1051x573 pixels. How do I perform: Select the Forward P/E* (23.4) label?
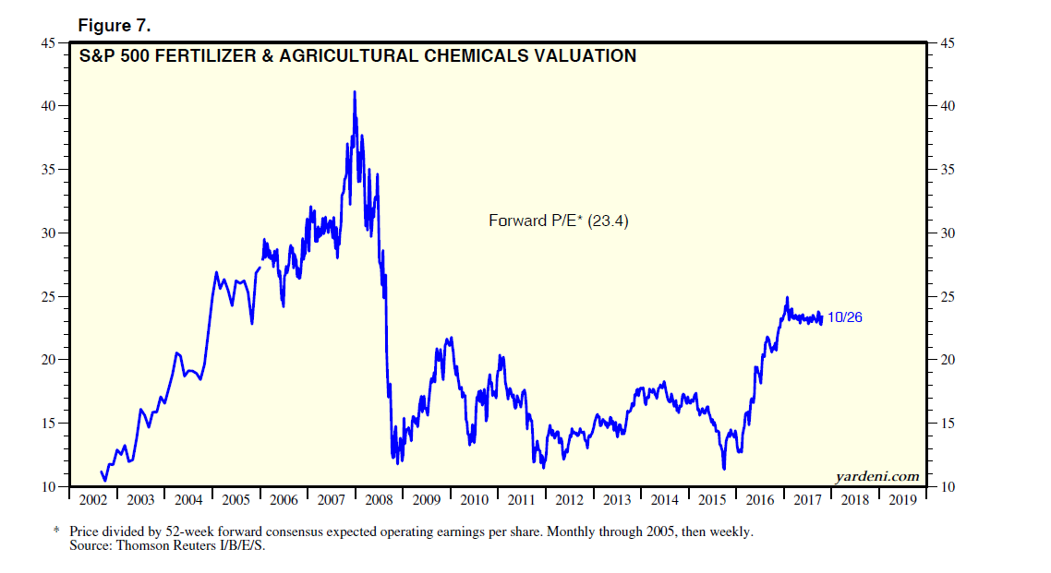[558, 221]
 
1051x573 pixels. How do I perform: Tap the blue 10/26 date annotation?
[845, 317]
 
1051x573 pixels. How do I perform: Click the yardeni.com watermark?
[876, 476]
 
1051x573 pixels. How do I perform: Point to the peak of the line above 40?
[355, 91]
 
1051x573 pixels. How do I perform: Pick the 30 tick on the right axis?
[947, 233]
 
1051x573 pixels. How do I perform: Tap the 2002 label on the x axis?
[93, 500]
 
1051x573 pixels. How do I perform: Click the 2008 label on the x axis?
[380, 500]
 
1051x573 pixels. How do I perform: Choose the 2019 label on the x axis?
[902, 500]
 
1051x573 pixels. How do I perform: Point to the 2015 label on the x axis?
[712, 500]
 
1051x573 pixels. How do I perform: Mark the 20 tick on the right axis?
[947, 360]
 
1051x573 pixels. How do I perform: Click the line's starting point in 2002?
[101, 472]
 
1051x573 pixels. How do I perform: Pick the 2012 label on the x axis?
[569, 500]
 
